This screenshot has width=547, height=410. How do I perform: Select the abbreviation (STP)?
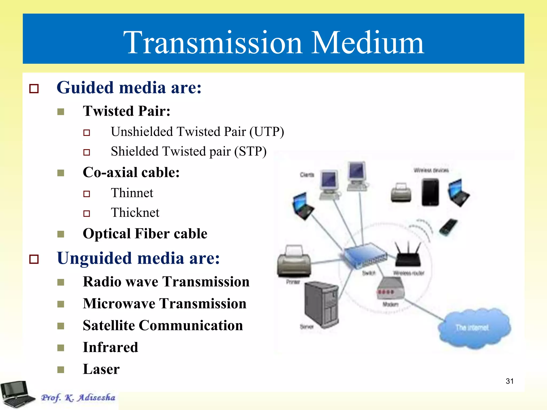point(250,151)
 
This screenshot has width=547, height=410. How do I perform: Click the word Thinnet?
point(132,193)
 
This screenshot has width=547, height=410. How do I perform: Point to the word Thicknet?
point(135,213)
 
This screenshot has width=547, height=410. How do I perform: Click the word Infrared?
point(110,347)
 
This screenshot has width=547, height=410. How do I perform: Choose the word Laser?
point(101,369)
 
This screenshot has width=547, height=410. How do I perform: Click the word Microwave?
point(119,303)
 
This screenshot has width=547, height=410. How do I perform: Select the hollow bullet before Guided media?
point(34,89)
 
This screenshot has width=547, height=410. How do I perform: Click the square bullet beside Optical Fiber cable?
point(61,234)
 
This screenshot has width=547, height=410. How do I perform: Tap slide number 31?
point(509,381)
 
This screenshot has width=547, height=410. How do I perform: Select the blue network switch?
point(365,255)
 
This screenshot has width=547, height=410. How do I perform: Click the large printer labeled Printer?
point(294,262)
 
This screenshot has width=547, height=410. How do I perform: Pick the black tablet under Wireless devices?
point(430,192)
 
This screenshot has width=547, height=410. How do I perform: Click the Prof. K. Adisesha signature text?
point(78,397)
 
